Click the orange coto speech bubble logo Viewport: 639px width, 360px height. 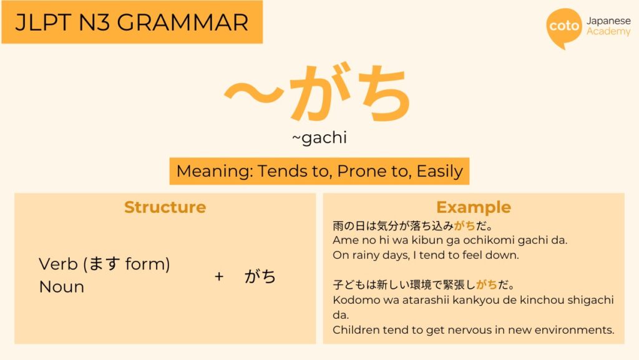[563, 27]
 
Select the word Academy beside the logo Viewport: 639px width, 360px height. [608, 31]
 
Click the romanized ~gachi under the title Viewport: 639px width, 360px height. [319, 138]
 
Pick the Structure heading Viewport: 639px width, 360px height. [165, 207]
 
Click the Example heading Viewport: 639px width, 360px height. [473, 207]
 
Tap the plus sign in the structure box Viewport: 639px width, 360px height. [219, 276]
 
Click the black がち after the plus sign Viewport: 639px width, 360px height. [260, 276]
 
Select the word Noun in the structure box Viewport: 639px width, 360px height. [61, 287]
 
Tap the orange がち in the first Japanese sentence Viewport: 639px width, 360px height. [465, 225]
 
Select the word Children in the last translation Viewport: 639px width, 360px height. [353, 329]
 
